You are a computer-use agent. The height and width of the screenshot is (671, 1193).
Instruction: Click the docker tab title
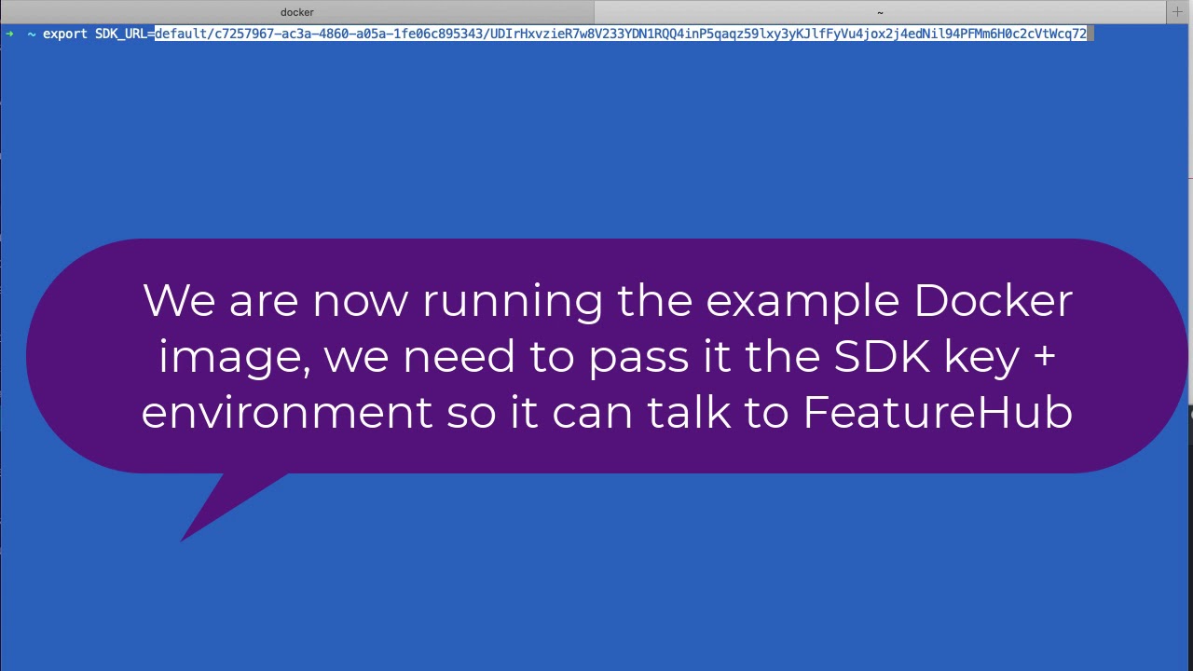click(x=296, y=12)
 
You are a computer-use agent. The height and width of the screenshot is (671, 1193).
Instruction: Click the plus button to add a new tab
click(x=1177, y=12)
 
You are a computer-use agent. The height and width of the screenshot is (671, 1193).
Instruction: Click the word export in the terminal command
click(x=64, y=34)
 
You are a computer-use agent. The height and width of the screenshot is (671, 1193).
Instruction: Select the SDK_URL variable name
click(x=121, y=34)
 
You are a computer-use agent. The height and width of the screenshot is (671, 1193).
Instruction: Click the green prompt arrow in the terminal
click(x=9, y=34)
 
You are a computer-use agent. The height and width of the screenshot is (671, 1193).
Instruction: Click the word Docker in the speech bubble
click(x=993, y=301)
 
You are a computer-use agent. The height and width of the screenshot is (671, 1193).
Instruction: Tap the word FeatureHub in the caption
click(x=938, y=412)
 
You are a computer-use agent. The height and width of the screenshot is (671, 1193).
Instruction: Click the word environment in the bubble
click(x=286, y=412)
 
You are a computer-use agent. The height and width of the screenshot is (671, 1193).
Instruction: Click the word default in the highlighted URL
click(x=183, y=34)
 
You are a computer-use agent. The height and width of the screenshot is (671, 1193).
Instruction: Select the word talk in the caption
click(x=689, y=412)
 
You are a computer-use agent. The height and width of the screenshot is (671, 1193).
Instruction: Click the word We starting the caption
click(x=179, y=301)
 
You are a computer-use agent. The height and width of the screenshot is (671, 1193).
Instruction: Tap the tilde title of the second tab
click(x=880, y=12)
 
